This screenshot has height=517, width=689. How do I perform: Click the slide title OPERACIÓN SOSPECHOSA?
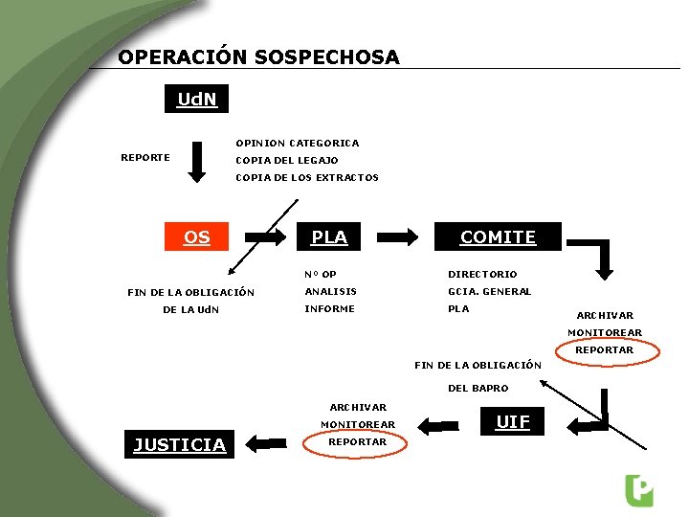coord(258,57)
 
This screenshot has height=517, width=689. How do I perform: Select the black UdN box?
coord(197,100)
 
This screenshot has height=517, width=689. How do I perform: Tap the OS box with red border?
coord(197,236)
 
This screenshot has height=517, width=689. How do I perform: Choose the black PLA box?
coord(329,236)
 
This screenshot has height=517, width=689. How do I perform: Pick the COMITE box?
coord(498,236)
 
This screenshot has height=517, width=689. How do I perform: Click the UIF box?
coord(513,421)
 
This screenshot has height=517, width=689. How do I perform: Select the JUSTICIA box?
coord(180,444)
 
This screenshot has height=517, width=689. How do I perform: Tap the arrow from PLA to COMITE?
coord(397,236)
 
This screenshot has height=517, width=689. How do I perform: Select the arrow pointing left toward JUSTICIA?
coord(265,443)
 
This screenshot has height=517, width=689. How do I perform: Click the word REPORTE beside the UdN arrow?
coord(145,157)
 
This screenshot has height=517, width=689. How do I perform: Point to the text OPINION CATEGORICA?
coord(298,143)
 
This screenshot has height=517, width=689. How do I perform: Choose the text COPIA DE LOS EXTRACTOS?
coord(307,177)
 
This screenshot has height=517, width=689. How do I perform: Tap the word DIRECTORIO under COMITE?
coord(482,275)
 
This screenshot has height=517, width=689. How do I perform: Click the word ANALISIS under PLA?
coord(330,292)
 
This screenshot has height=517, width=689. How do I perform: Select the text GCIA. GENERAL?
coord(489,292)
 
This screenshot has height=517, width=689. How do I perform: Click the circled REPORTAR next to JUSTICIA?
coord(357,442)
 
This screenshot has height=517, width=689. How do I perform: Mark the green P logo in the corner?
coord(638,489)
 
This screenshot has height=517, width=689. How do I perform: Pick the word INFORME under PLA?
coord(329,309)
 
